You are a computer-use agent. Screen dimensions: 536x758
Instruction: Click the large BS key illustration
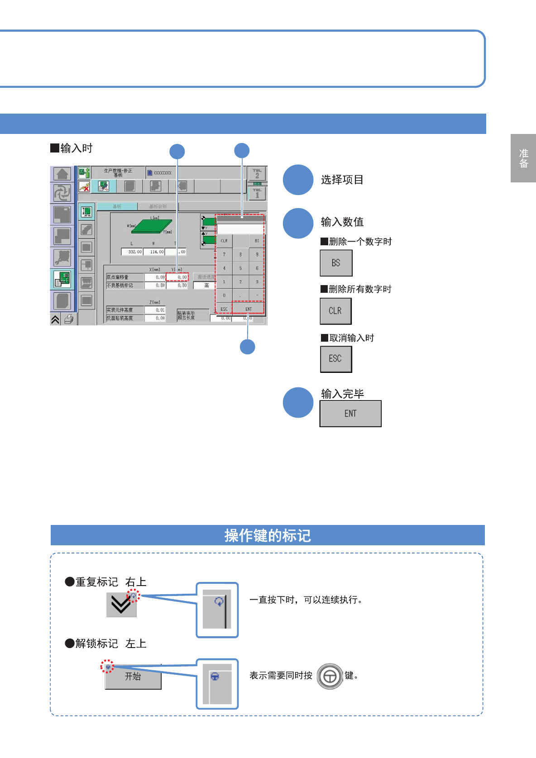click(336, 263)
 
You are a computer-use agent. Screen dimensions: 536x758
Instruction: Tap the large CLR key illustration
click(335, 311)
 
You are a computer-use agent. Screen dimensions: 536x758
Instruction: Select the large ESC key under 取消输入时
click(335, 359)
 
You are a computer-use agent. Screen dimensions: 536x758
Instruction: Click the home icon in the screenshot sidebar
click(62, 174)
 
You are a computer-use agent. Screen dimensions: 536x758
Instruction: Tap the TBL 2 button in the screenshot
click(257, 174)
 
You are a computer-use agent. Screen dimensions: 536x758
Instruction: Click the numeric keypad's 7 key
click(224, 254)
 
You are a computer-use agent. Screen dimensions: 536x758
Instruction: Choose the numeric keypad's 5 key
click(240, 268)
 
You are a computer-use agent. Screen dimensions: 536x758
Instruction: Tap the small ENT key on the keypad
click(248, 309)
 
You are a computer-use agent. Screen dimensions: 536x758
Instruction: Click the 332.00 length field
click(132, 252)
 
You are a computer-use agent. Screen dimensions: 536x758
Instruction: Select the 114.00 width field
click(154, 252)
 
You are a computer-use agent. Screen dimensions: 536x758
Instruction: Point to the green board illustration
click(152, 226)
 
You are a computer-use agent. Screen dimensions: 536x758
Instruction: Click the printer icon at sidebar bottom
click(69, 319)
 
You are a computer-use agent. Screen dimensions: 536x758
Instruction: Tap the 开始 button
click(133, 677)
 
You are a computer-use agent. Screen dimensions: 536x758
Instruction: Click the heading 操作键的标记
click(268, 535)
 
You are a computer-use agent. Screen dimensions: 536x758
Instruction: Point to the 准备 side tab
click(523, 158)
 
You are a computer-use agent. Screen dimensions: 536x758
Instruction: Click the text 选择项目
click(342, 180)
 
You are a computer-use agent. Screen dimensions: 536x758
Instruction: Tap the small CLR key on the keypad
click(224, 241)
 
